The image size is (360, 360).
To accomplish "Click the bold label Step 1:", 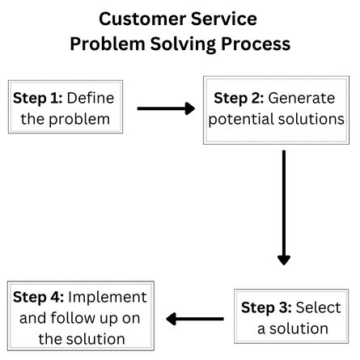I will (37, 98).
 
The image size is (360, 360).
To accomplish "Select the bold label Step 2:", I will (238, 98).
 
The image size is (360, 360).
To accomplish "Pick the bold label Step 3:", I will (267, 307).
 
